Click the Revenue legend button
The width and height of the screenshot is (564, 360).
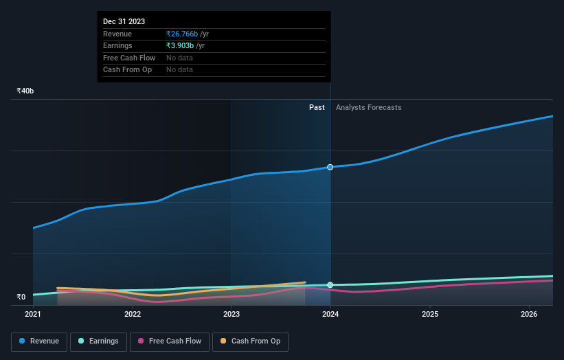coord(39,341)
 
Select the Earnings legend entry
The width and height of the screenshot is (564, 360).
coord(98,341)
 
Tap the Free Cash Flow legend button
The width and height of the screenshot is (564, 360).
coord(169,341)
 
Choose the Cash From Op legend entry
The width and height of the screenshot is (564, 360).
coord(250,341)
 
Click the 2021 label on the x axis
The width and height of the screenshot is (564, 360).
coord(33,315)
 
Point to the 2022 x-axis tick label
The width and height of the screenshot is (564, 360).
coord(133,315)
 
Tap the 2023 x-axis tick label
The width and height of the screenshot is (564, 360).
coord(232,315)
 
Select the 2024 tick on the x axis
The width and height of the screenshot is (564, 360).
coord(330,315)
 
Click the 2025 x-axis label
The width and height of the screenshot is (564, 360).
coord(430,315)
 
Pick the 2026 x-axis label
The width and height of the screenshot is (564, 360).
coord(529,315)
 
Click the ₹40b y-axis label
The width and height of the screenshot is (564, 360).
coord(25,91)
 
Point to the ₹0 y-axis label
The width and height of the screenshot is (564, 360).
coord(21,297)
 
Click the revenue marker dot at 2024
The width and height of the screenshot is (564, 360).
coord(330,167)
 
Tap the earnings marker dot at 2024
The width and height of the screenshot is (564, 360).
coord(330,284)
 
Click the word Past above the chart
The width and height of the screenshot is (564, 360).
coord(317,107)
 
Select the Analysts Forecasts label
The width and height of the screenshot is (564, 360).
coord(368,107)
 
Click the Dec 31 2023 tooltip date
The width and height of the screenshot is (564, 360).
coord(124,22)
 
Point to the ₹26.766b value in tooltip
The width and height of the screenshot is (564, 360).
coord(182,34)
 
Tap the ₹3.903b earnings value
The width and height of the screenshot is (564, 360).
coord(180,45)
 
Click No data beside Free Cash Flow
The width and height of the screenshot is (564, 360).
coord(179,58)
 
